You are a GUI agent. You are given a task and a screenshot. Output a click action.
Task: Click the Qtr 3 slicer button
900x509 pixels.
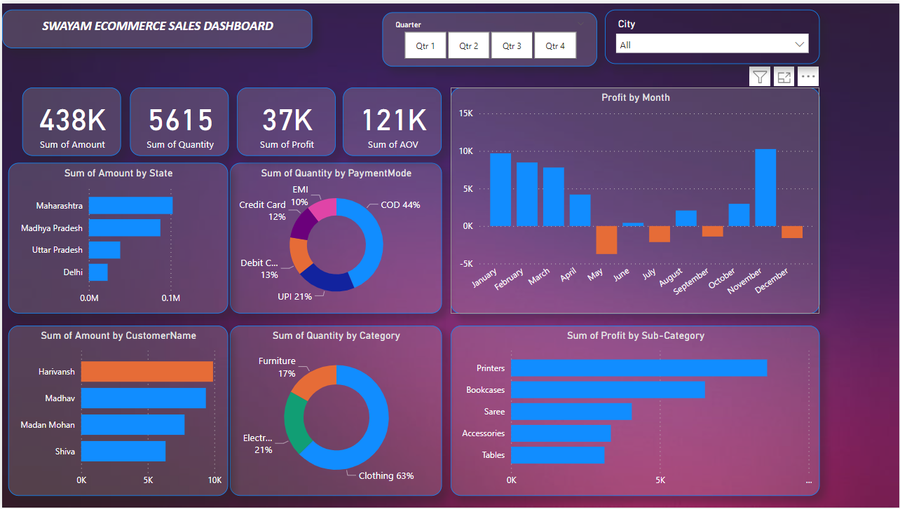[x=512, y=46]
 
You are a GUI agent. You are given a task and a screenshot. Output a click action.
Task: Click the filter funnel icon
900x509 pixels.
[x=760, y=77]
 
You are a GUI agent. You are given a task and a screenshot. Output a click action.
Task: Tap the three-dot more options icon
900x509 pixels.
[x=808, y=77]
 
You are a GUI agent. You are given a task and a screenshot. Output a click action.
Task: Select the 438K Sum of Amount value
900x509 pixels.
[x=72, y=120]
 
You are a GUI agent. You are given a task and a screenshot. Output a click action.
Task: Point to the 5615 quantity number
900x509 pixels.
[x=180, y=120]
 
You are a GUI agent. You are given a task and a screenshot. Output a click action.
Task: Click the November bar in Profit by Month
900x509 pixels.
[x=765, y=188]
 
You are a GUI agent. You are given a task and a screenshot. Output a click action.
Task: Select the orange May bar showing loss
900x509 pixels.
[x=606, y=239]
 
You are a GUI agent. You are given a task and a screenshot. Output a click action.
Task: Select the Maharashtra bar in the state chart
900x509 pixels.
[x=130, y=206]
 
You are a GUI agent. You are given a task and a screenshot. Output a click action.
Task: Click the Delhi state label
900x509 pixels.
[x=72, y=272]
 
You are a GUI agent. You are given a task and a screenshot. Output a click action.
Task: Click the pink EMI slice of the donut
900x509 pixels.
[x=323, y=209]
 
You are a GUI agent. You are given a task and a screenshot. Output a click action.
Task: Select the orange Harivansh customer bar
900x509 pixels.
[x=146, y=372]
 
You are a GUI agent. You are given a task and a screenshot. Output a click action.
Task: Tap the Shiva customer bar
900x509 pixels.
[x=123, y=452]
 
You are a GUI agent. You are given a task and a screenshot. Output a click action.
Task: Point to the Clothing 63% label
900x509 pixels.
[x=386, y=476]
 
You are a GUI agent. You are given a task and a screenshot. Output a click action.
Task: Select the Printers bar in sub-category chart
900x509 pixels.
[x=639, y=368]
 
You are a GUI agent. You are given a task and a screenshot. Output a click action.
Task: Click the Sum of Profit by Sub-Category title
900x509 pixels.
[x=635, y=336]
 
